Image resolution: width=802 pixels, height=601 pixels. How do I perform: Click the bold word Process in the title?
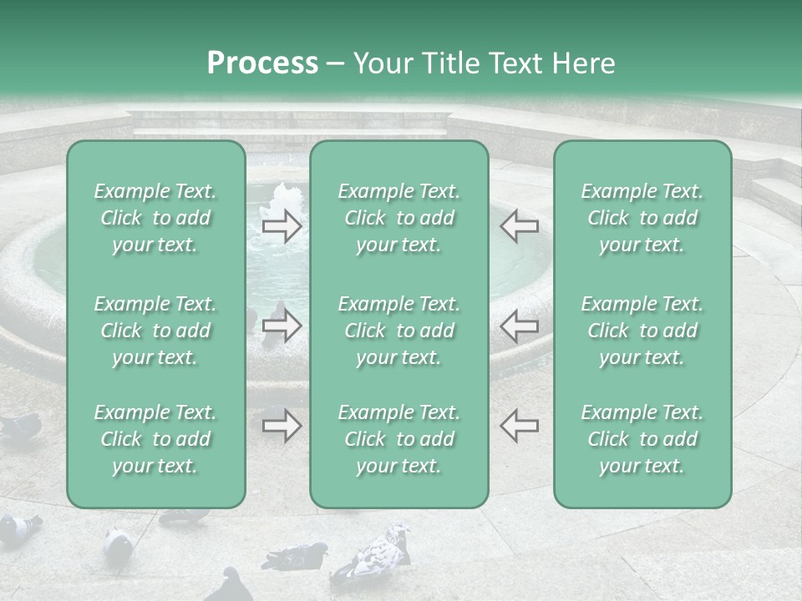[262, 63]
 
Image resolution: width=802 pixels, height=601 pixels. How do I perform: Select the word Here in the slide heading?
[581, 63]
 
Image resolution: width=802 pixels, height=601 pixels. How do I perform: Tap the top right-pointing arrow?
[282, 226]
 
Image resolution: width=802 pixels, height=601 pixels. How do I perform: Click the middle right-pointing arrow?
[282, 326]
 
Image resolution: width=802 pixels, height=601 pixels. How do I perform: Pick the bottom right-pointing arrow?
[282, 426]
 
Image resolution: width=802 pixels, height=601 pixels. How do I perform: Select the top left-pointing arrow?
[520, 226]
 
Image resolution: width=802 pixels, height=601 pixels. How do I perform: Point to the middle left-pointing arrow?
[520, 326]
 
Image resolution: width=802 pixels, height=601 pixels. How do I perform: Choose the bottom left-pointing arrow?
[520, 426]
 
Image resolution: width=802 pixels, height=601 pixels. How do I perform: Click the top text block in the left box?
[155, 219]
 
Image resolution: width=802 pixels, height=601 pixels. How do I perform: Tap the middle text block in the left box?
[155, 331]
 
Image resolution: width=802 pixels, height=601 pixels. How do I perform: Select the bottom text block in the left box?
[155, 439]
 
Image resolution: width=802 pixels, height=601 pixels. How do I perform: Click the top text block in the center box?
[398, 219]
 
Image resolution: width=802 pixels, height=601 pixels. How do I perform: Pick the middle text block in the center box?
[398, 331]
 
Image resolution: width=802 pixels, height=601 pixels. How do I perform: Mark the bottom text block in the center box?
[398, 439]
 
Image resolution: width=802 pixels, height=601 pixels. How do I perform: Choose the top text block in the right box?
[642, 219]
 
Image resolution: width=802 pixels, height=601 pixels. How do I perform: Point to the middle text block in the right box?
[642, 331]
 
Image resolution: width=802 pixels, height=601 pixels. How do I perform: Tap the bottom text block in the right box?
[642, 439]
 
